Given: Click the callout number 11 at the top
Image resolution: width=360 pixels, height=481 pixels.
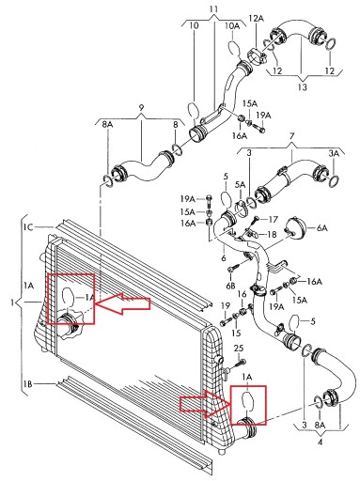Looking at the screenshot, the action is pos(213,9).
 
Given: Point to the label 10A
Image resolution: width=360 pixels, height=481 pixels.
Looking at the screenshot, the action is pos(232,25).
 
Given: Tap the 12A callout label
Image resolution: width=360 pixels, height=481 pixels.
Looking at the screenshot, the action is pos(257,19).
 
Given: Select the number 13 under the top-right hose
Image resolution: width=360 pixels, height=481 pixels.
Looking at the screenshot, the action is pos(303,87).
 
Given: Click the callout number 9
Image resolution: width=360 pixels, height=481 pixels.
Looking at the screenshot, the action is pos(141,108).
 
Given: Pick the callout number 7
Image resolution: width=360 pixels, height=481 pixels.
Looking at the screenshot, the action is pos(291,136).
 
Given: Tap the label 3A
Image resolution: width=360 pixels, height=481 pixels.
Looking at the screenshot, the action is pos(334,153).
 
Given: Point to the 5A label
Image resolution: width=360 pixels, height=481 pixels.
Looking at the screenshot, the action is pos(240,185).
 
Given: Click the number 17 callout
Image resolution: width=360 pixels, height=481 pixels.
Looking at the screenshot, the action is pos(273,219).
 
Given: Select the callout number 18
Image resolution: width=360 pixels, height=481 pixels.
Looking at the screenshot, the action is pos(272,234).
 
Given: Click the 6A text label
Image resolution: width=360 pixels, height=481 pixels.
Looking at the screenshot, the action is pos(321,228).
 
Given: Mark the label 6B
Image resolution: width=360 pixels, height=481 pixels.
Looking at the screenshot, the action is pos(230,286).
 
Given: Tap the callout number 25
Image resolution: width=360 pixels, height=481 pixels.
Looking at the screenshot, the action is pos(239,349).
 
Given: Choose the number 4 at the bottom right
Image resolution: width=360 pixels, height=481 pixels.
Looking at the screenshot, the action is pos(320,442).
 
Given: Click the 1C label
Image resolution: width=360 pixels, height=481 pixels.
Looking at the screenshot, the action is pos(28,226).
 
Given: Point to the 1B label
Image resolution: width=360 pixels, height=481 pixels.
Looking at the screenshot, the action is pos(27,383).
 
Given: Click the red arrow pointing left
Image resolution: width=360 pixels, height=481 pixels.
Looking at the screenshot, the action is pos(122,303).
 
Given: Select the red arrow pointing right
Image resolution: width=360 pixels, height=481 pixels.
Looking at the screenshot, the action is pos(206,404).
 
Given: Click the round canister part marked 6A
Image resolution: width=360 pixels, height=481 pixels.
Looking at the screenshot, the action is pos(295,228).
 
